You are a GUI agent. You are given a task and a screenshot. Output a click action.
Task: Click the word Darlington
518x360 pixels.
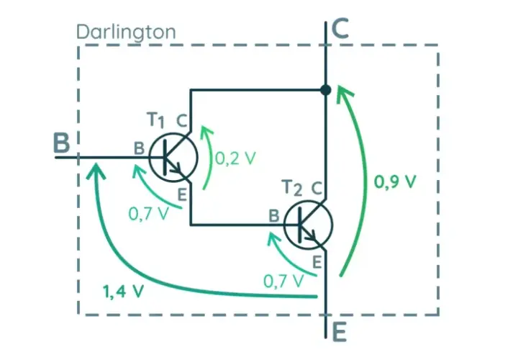coord(126,32)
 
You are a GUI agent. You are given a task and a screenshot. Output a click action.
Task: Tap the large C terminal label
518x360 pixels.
coord(340,28)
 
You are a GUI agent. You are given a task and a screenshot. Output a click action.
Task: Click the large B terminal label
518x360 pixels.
coord(62,143)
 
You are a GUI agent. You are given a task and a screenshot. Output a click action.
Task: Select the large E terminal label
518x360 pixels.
coord(339,332)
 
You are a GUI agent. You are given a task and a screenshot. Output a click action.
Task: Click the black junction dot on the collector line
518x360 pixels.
coord(326,89)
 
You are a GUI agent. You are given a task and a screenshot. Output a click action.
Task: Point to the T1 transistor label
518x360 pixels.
coord(155,120)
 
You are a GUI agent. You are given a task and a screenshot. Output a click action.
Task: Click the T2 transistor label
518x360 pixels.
coord(293,188)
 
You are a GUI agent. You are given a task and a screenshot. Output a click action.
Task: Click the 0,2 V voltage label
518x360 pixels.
coord(235,158)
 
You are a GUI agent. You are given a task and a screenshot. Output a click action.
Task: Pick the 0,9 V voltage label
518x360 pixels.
coord(395,181)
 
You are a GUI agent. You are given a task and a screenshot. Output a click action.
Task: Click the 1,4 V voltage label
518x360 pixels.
coord(123,292)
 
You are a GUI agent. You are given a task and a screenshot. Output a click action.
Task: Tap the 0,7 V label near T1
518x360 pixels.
coord(148,214)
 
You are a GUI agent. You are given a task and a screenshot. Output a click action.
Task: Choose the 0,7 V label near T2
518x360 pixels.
coord(283,282)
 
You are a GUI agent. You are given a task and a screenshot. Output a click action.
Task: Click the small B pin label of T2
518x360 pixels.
coord(274,216)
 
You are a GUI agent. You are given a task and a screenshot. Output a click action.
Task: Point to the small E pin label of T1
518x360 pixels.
coord(182,194)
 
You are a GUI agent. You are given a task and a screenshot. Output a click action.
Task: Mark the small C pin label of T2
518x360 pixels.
coord(317,189)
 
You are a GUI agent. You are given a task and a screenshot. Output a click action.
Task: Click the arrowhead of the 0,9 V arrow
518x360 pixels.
coord(344,93)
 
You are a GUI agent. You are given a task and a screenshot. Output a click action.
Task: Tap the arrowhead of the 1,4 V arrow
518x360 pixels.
coord(96,171)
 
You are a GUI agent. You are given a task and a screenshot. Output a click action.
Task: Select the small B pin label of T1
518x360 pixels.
coord(139,148)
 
